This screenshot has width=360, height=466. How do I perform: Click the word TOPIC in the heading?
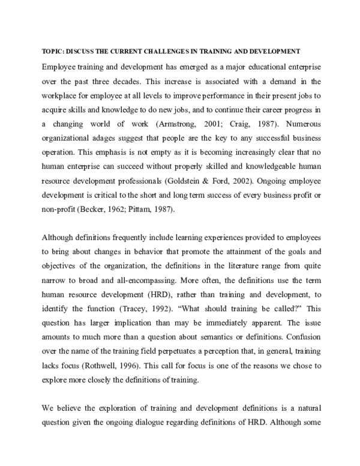coord(52,50)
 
